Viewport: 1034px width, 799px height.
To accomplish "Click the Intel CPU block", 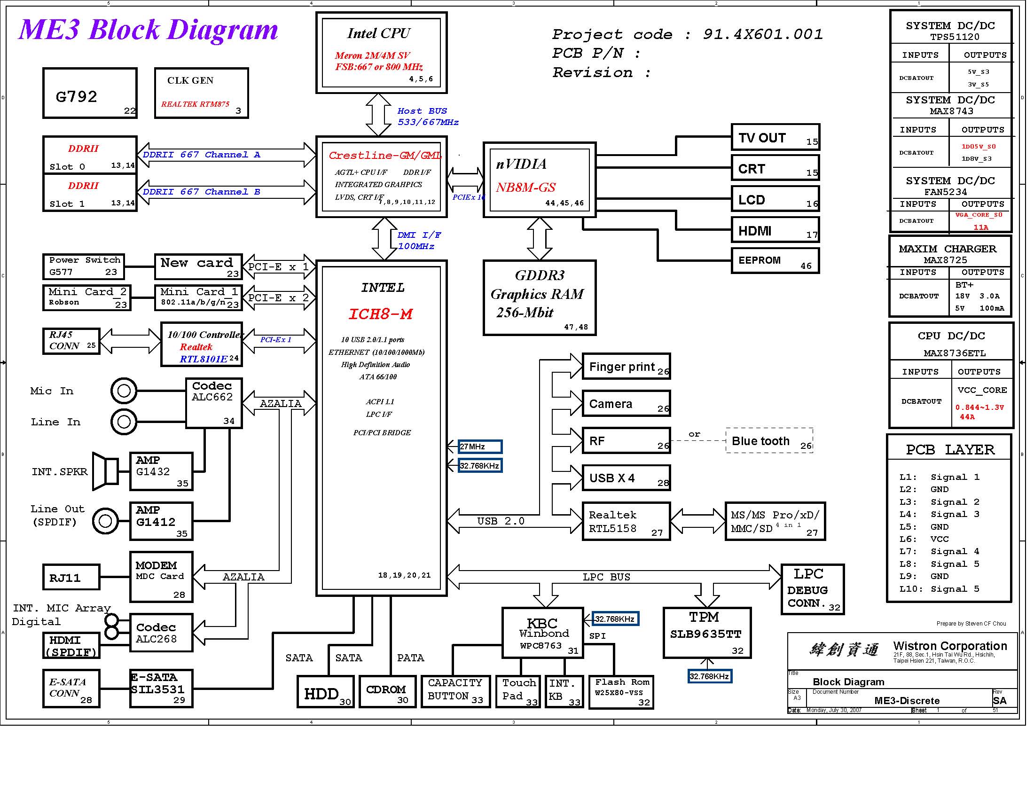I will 381,53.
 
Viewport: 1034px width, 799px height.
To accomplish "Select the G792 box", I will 90,93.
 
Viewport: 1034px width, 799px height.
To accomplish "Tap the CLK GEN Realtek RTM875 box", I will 201,93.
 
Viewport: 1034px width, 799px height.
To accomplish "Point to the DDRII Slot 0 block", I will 90,155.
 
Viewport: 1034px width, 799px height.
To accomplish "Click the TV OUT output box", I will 775,138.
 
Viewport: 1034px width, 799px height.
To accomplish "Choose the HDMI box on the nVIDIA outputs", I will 775,230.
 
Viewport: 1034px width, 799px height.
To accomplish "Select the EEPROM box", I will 775,261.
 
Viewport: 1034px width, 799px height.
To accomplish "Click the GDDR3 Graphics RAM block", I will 539,298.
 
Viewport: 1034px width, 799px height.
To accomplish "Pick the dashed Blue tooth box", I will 769,441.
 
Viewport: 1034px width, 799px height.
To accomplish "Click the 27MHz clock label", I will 479,446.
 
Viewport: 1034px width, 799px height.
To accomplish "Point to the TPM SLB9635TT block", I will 707,633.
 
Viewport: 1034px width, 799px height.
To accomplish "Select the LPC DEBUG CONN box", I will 812,589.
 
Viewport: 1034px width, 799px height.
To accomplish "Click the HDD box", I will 325,692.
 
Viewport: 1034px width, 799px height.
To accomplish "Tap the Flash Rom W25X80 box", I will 621,692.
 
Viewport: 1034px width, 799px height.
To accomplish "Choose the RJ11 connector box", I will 71,577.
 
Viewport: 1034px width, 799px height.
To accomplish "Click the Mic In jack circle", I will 124,391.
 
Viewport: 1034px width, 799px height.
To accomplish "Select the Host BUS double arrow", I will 378,115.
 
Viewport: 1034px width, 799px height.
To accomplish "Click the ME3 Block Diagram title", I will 148,29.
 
